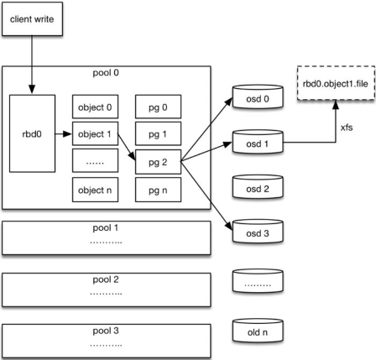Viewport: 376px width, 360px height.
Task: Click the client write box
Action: (x=32, y=19)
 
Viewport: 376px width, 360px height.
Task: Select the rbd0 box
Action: (x=32, y=133)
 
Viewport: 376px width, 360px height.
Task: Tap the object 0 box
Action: (x=95, y=107)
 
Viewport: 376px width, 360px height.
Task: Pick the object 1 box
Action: (x=95, y=133)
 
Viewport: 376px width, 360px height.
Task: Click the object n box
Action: (x=95, y=190)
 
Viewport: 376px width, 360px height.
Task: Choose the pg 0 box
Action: (x=158, y=107)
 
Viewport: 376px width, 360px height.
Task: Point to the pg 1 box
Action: (x=158, y=133)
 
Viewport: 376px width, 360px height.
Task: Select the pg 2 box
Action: (x=158, y=162)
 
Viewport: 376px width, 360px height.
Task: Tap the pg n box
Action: (x=158, y=190)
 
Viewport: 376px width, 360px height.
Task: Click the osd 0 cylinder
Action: (x=258, y=97)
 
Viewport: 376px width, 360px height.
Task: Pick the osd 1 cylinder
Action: (x=258, y=142)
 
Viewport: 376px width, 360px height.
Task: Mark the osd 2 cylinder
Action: (x=258, y=187)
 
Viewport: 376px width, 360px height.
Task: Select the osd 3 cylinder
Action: (x=258, y=232)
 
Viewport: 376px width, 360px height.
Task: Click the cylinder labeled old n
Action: (x=258, y=331)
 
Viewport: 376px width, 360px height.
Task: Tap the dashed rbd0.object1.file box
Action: (x=336, y=83)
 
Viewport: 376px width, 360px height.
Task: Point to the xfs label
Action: (x=347, y=128)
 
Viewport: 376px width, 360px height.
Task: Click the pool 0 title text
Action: (x=106, y=73)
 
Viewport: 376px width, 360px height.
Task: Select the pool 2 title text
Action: (x=106, y=279)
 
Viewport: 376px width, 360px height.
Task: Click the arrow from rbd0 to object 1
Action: (x=64, y=134)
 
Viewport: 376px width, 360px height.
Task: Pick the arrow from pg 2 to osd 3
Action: (x=206, y=196)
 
